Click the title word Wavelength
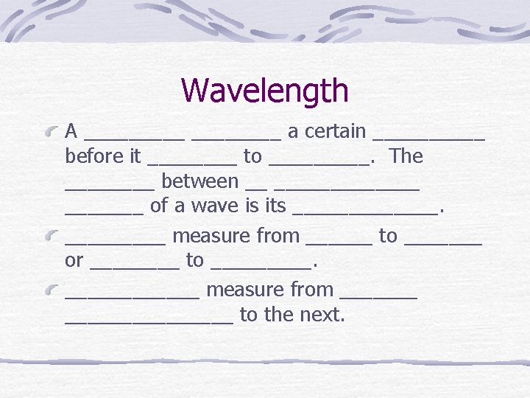tap(264, 91)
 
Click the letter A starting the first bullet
tap(71, 132)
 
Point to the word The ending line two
tap(406, 156)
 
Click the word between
tap(199, 181)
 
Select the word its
tap(275, 206)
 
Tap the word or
tap(74, 260)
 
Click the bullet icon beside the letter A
tap(52, 133)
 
